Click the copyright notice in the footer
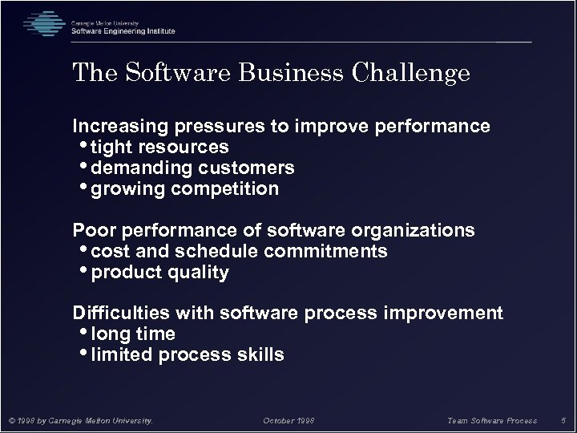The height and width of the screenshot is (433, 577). point(79,419)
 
